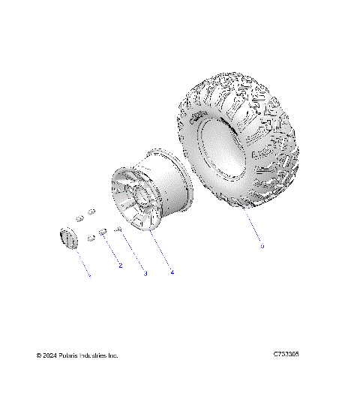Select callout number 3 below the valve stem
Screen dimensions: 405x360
point(145,274)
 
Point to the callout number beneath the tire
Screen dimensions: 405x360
point(262,246)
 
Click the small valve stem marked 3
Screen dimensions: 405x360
point(118,229)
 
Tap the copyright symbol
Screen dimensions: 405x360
point(39,355)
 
